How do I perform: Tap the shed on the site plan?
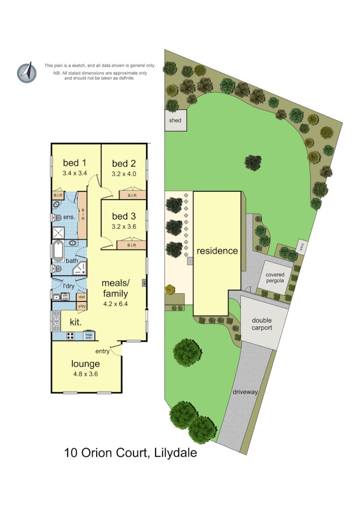(x=175, y=121)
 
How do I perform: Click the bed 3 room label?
(x=124, y=216)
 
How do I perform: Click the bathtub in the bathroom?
(x=58, y=251)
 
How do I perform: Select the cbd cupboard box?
(x=82, y=297)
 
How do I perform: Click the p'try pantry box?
(x=82, y=306)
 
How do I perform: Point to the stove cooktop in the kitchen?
(x=70, y=336)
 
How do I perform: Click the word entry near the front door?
(x=103, y=351)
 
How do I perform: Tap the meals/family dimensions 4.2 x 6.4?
(x=115, y=304)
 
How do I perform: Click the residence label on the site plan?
(x=217, y=251)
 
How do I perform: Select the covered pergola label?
(x=275, y=278)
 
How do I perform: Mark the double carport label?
(x=262, y=324)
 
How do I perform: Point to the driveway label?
(x=246, y=392)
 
